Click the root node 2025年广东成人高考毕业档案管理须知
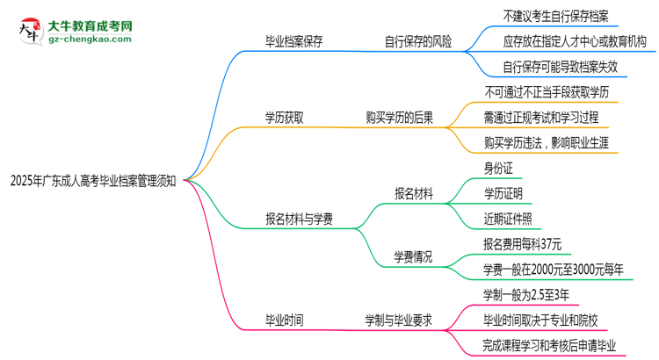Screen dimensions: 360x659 [x=93, y=182]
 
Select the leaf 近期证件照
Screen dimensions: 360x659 [x=507, y=218]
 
